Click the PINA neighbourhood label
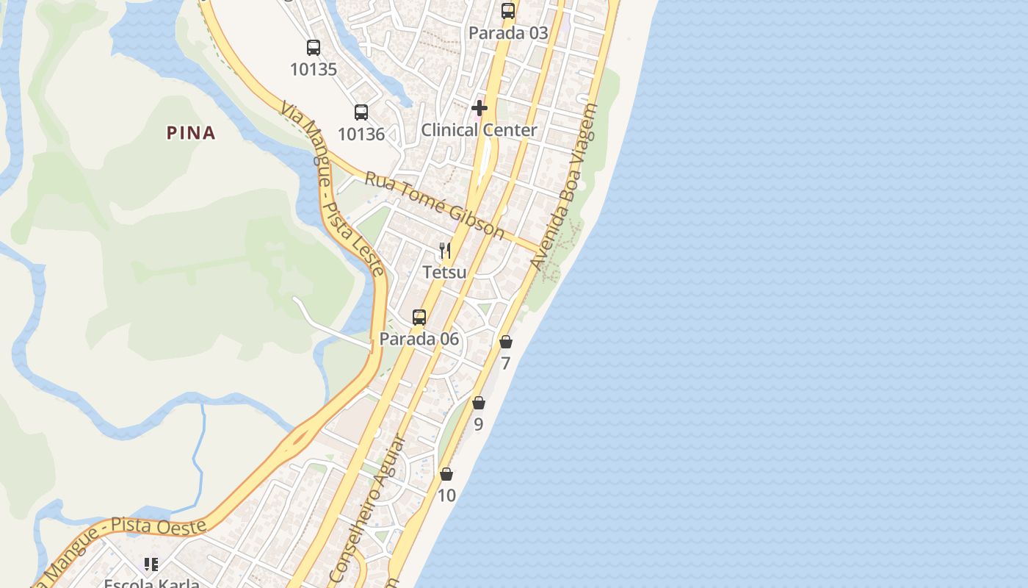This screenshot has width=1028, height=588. (x=191, y=133)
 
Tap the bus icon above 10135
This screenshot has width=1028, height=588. (x=314, y=48)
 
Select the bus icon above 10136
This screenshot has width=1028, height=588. (x=361, y=112)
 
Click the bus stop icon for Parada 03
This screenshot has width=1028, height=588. (x=508, y=11)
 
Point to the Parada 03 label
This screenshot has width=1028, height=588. (x=508, y=33)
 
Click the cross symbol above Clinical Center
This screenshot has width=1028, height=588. (x=479, y=109)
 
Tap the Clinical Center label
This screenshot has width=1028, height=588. (x=479, y=130)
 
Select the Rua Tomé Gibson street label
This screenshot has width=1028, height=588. (x=435, y=205)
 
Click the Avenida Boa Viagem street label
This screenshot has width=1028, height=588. (x=565, y=187)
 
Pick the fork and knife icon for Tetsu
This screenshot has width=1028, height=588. (x=445, y=251)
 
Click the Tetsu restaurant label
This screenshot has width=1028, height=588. (x=444, y=272)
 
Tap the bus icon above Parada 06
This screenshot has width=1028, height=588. (x=419, y=318)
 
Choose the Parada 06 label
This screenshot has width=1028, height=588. (x=419, y=339)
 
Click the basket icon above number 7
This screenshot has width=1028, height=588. (x=506, y=342)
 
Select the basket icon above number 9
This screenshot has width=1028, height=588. (x=479, y=403)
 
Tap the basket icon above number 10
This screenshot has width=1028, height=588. (x=446, y=474)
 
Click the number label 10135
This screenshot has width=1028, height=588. (x=314, y=70)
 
